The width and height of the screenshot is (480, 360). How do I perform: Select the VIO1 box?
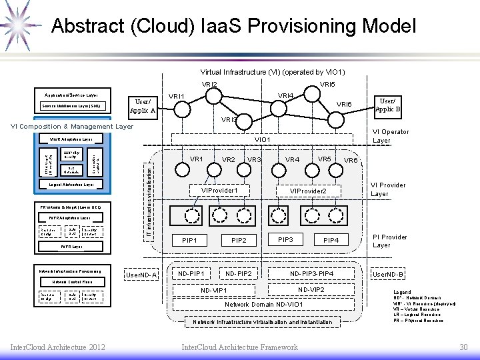pos(263,139)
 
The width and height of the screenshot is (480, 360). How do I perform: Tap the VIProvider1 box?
pos(221,191)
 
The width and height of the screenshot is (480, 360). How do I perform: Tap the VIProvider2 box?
pos(307,191)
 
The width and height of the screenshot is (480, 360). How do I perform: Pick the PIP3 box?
pos(285,239)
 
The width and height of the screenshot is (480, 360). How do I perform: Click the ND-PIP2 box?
pos(239,273)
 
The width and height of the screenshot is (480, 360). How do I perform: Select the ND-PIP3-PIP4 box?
pos(311,273)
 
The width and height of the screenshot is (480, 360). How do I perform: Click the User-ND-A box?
pos(141,275)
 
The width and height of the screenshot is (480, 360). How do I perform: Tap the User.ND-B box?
pos(388,274)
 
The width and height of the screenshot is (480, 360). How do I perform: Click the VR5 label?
pos(325,159)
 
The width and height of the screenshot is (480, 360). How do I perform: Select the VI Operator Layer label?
pos(391,136)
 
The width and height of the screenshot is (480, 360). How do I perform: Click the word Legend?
pos(402,292)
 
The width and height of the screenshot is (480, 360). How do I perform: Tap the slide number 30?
pos(463,347)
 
